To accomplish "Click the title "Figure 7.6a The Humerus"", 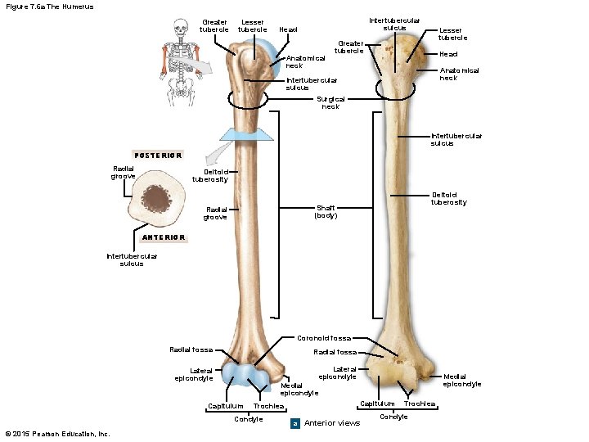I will pos(49,7).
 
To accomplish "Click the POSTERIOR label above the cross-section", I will pos(158,155).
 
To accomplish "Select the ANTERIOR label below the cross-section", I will pos(164,237).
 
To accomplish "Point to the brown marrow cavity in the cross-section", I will pos(155,197).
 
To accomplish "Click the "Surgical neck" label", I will pos(330,102).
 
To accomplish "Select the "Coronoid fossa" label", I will pos(323,338).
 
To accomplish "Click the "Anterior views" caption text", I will pos(331,423).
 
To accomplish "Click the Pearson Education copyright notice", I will pos(56,434).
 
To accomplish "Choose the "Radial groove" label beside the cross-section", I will pos(123,173).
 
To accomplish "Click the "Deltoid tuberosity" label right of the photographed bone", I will pos(449,198).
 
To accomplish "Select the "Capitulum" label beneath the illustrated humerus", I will pos(225,406).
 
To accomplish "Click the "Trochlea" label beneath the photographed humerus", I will pos(420,404).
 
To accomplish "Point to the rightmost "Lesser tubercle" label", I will pos(452,34).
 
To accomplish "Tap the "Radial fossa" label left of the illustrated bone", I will pos(191,350).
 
